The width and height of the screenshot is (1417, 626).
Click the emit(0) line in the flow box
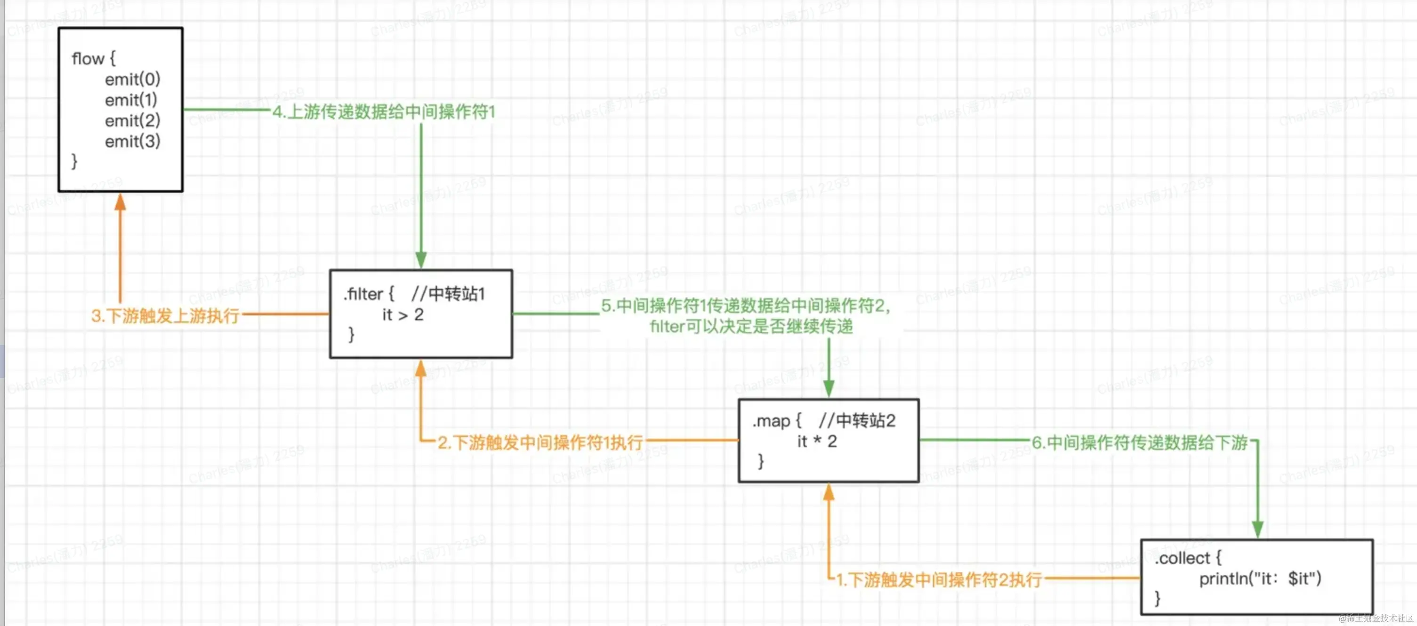click(x=133, y=80)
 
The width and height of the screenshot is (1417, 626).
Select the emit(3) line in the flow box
click(x=133, y=141)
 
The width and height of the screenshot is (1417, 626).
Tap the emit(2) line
click(x=133, y=121)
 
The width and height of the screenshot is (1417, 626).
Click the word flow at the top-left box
click(x=88, y=59)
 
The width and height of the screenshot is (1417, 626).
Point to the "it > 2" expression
click(x=403, y=315)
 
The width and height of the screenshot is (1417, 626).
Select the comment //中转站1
click(x=448, y=294)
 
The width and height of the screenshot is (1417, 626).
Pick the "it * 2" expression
click(x=817, y=441)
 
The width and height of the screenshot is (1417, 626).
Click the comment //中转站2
click(x=856, y=421)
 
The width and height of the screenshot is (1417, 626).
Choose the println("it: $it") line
click(x=1260, y=578)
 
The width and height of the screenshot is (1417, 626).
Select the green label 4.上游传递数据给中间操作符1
click(x=384, y=112)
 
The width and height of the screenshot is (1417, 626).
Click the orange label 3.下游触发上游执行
click(x=165, y=316)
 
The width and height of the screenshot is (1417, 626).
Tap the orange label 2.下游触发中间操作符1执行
click(x=540, y=442)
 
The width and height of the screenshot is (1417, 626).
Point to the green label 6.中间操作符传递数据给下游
click(x=1140, y=442)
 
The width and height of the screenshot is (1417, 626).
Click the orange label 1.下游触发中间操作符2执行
click(x=939, y=580)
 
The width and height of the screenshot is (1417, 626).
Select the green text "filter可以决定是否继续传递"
click(x=751, y=327)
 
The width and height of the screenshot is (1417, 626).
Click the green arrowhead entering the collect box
click(x=1257, y=529)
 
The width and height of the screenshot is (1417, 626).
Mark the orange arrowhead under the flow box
click(x=120, y=202)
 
